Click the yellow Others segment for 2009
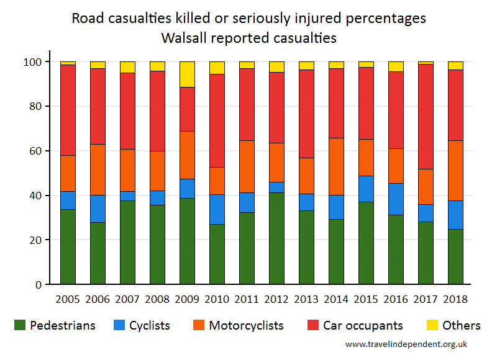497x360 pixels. [187, 74]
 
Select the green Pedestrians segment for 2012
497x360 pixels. [276, 238]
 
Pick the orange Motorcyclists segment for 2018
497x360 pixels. [455, 171]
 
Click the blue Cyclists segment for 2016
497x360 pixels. [396, 199]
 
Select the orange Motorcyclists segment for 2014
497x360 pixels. [336, 166]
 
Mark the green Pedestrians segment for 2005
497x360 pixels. [68, 246]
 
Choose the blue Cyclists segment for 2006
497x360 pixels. [98, 209]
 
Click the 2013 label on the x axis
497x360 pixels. [306, 299]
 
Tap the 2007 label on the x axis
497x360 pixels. [127, 299]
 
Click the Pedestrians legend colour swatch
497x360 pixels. [20, 325]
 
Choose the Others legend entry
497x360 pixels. [453, 325]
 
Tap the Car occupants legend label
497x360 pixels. [363, 325]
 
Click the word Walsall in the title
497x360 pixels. [186, 38]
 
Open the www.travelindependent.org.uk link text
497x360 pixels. [406, 344]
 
